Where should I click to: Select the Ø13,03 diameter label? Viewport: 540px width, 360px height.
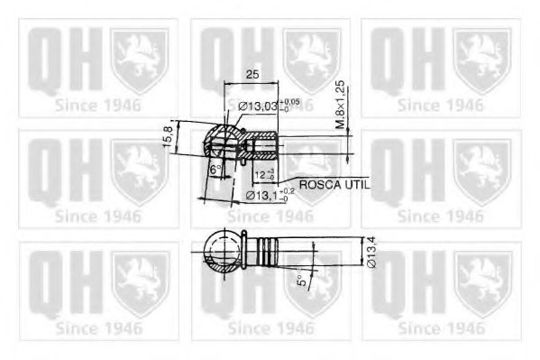point(260,108)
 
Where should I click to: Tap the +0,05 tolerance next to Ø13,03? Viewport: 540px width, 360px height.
point(289,103)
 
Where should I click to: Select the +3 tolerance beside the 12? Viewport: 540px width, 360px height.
point(272,169)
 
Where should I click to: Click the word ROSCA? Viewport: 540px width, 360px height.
point(320,184)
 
